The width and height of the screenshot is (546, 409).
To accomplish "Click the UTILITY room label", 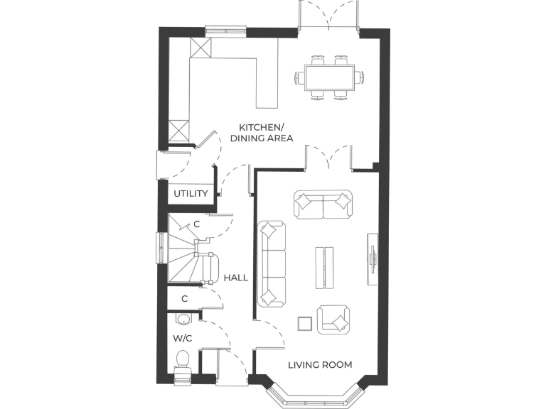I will (x=191, y=193).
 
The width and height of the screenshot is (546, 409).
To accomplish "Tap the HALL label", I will (x=236, y=278).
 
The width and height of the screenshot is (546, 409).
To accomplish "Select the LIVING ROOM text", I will (x=320, y=365).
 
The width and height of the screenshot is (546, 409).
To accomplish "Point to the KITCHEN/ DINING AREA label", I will (x=261, y=133).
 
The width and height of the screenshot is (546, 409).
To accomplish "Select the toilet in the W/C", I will (x=183, y=359).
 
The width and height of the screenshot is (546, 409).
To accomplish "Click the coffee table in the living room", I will (x=324, y=267).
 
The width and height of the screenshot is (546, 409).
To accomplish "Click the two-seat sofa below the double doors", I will (x=323, y=204).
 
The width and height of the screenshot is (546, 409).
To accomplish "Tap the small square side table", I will (x=304, y=323).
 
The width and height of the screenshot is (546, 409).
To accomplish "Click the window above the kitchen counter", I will (x=226, y=31).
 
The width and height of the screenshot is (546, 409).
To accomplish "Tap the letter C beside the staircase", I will (x=197, y=224).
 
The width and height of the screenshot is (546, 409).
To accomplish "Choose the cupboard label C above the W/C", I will (x=184, y=299).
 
